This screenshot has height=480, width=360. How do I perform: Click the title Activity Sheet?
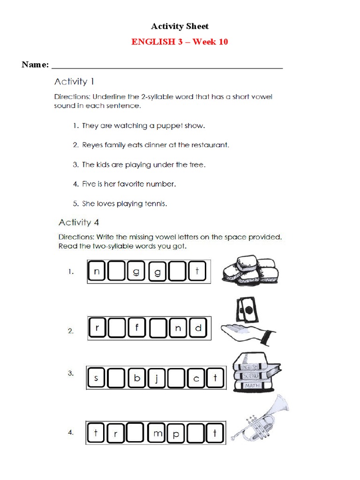[x=180, y=26]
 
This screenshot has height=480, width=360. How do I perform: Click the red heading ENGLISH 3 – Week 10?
[x=180, y=42]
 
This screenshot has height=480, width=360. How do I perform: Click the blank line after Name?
[x=167, y=66]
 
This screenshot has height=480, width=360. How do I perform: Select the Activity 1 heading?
[x=74, y=82]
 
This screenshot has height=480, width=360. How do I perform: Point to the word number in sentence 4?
[x=161, y=184]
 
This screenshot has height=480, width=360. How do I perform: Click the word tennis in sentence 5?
[x=155, y=203]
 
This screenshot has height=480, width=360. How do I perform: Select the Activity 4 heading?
[x=78, y=222]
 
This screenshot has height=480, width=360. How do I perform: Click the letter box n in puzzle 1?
[x=97, y=272]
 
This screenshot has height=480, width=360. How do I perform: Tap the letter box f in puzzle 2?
[x=138, y=328]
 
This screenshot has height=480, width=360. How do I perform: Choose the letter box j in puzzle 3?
[x=157, y=378]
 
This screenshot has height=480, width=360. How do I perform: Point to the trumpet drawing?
[x=262, y=420]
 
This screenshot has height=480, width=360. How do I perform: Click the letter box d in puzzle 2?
[x=198, y=328]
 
